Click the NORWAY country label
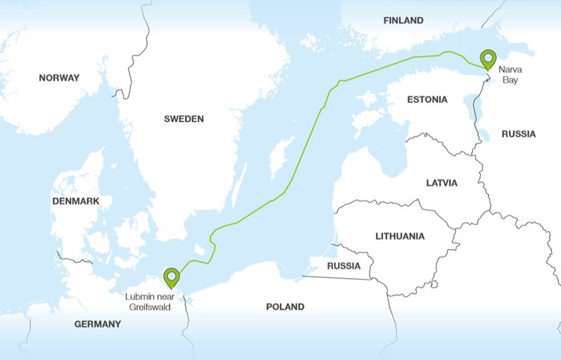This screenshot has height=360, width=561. pyautogui.click(x=59, y=78)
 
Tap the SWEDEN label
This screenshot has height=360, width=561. pyautogui.click(x=184, y=119)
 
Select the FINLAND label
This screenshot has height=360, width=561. pyautogui.click(x=403, y=20)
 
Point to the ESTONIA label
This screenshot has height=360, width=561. pyautogui.click(x=427, y=100)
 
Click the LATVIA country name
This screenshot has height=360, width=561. pyautogui.click(x=442, y=182)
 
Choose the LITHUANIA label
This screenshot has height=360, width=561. pyautogui.click(x=400, y=236)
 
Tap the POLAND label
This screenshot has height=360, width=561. pyautogui.click(x=285, y=307)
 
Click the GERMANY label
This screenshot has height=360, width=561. pyautogui.click(x=97, y=324)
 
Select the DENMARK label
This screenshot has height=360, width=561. pyautogui.click(x=76, y=201)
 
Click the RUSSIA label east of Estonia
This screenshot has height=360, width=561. pyautogui.click(x=519, y=133)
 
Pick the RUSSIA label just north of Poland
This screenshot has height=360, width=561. pyautogui.click(x=344, y=266)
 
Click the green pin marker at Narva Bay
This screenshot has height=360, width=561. pyautogui.click(x=487, y=58)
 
